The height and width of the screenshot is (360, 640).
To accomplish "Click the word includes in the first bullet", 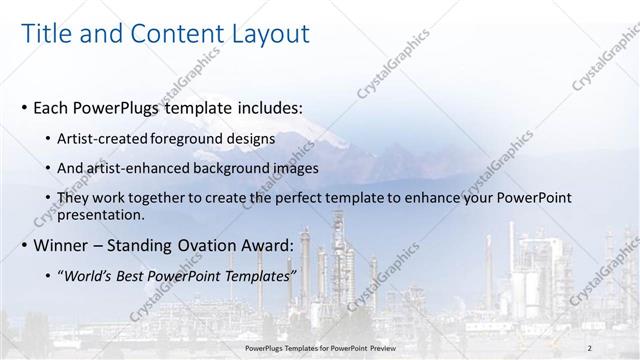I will (x=268, y=106).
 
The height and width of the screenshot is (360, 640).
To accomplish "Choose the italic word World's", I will (x=84, y=277).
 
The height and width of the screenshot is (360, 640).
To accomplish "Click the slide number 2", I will (x=590, y=347).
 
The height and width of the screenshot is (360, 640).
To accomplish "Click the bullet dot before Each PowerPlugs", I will (x=24, y=106).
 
